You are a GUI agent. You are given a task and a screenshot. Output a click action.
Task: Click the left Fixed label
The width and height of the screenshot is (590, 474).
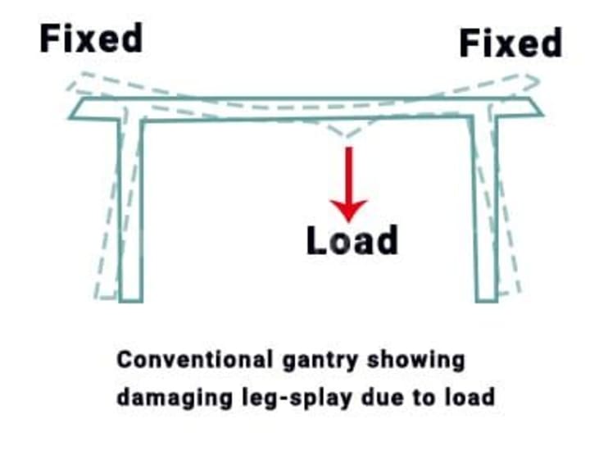pyautogui.click(x=91, y=38)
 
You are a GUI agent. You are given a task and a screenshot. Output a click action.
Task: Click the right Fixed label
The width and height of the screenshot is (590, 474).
pyautogui.click(x=510, y=43)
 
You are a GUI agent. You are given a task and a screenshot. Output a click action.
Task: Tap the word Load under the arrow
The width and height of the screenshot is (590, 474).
pyautogui.click(x=352, y=239)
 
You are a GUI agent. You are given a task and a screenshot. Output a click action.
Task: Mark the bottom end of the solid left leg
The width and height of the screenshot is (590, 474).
pyautogui.click(x=131, y=297)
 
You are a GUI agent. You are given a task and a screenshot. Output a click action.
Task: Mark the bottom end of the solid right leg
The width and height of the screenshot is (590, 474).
pyautogui.click(x=487, y=297)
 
